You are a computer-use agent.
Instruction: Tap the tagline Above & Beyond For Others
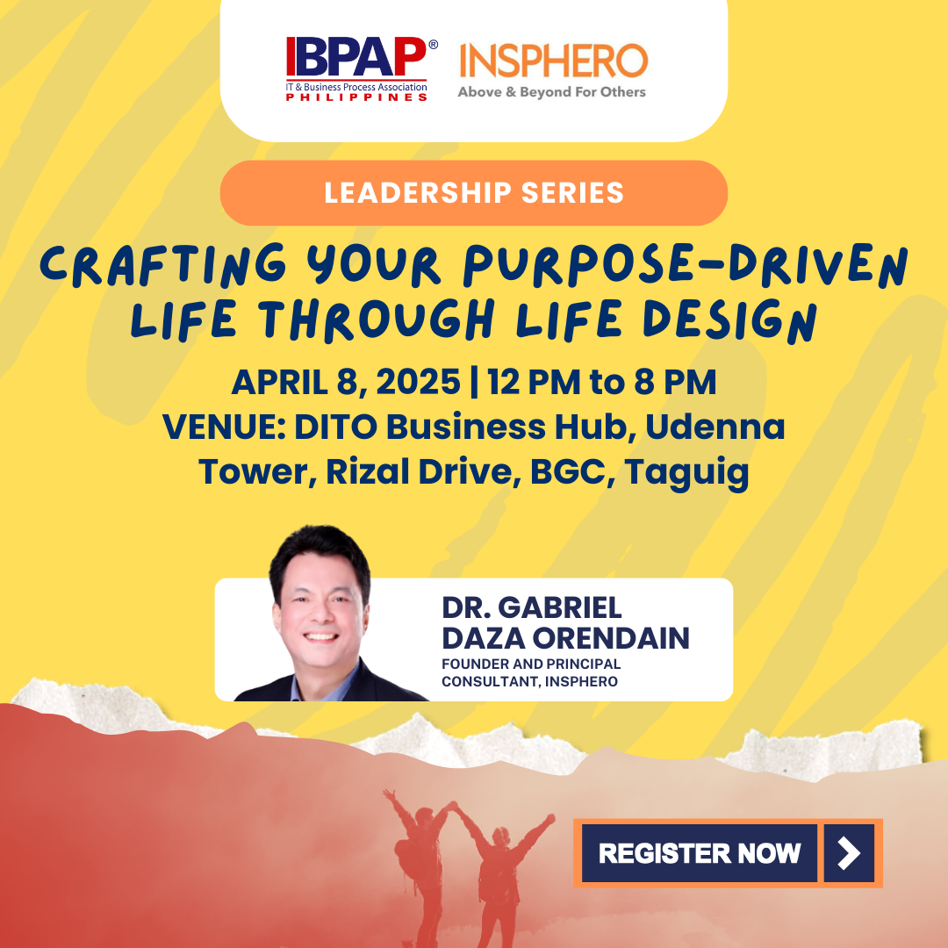coord(551,91)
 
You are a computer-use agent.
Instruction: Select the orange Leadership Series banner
coord(473,193)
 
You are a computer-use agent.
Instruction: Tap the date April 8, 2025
coord(345,383)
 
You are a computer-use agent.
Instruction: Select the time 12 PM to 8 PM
coord(602,383)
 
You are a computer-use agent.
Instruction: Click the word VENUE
coord(223,427)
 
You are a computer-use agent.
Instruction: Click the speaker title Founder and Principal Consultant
coord(531,672)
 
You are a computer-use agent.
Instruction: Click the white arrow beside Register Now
coord(849,852)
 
